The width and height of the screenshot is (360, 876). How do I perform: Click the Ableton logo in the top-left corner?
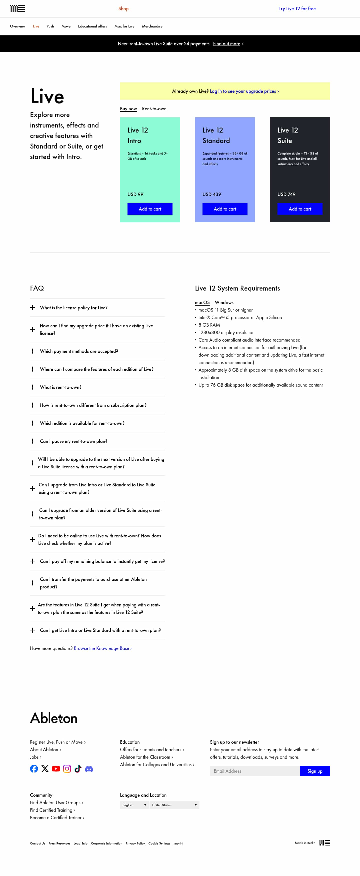[x=17, y=9]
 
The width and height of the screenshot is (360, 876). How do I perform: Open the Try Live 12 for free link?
[x=297, y=9]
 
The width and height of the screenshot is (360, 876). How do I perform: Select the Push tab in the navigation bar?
[x=50, y=26]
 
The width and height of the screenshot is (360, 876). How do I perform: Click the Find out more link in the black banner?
[x=227, y=44]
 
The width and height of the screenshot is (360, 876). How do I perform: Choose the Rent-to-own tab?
[x=154, y=109]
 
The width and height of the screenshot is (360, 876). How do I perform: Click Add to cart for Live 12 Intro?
[x=150, y=209]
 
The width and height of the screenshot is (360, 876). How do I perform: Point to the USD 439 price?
[x=212, y=194]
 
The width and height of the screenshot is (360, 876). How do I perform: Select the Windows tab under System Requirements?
[x=224, y=302]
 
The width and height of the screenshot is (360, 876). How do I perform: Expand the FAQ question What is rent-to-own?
[x=60, y=387]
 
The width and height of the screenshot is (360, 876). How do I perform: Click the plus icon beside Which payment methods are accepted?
[x=33, y=351]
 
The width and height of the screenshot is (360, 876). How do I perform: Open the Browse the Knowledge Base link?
[x=102, y=648]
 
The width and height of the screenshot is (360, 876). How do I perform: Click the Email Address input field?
[x=254, y=771]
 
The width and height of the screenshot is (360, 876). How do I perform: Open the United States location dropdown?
[x=174, y=805]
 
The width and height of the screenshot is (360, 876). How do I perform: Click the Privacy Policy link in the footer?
[x=135, y=843]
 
